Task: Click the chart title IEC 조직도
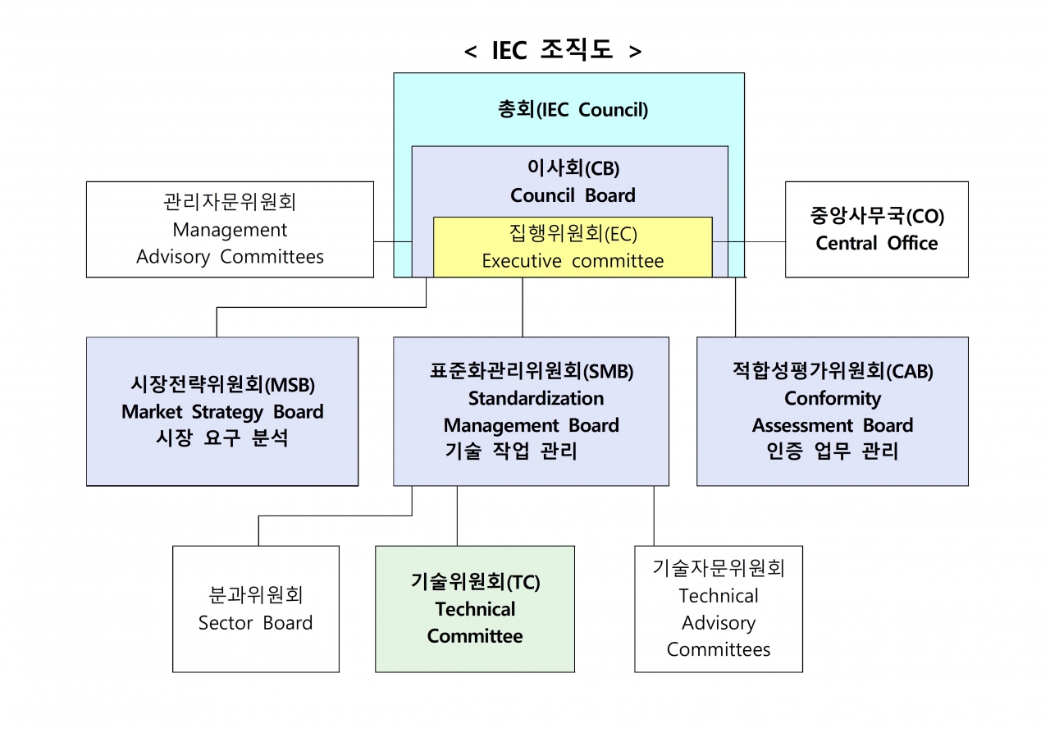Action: tap(552, 50)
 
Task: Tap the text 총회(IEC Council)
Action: tap(573, 110)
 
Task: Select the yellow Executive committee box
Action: tap(573, 247)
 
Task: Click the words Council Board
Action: tap(573, 195)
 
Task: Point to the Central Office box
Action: tap(876, 229)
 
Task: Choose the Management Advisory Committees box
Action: tap(230, 229)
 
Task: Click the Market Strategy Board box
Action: tap(222, 411)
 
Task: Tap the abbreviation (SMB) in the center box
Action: tap(609, 371)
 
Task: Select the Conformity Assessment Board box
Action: tap(832, 411)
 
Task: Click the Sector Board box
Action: tap(255, 609)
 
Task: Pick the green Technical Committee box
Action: tap(475, 609)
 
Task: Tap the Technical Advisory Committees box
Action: tap(719, 609)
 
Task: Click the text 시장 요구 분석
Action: tap(222, 438)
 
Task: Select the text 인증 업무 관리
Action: tap(832, 451)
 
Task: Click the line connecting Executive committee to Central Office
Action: tap(749, 242)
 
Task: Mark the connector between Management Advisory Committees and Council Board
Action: tap(392, 242)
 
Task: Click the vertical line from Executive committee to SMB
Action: tap(523, 307)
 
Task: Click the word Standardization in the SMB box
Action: tap(536, 398)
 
